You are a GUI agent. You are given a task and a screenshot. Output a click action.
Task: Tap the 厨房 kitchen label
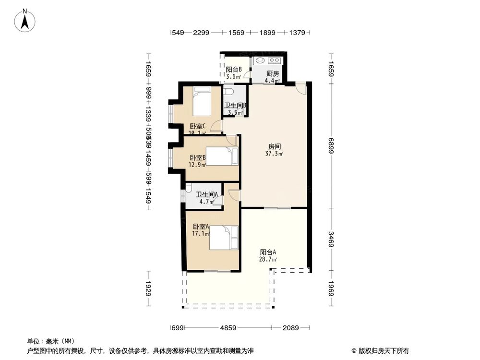[273, 77]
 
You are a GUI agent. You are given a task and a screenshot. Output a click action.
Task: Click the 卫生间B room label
[235, 109]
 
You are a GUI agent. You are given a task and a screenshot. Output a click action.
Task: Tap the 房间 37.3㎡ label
[274, 150]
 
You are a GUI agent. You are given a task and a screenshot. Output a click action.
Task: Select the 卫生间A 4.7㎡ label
[207, 198]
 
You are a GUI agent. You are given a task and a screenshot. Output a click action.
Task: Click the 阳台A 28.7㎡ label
[268, 255]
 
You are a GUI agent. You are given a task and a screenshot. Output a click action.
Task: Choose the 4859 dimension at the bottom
[228, 328]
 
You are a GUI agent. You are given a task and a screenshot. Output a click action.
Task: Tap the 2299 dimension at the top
[202, 33]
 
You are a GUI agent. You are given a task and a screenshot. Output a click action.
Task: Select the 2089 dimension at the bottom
[290, 328]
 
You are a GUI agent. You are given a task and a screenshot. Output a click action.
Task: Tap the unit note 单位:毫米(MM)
[48, 341]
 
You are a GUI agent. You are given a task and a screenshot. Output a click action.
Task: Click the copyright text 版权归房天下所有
[382, 350]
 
